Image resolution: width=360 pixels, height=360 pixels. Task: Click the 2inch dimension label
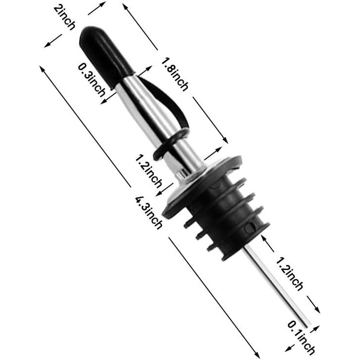point(64,17)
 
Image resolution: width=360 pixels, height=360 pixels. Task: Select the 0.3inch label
point(92,80)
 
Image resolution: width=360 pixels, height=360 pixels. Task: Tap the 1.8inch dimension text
point(174,74)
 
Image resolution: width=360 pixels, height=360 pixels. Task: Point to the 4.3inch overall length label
point(149,212)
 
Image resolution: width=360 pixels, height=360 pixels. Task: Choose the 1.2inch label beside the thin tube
point(289,274)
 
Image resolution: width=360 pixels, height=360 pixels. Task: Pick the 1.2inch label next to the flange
point(148,171)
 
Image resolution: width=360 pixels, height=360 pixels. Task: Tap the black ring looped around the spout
point(172,145)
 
